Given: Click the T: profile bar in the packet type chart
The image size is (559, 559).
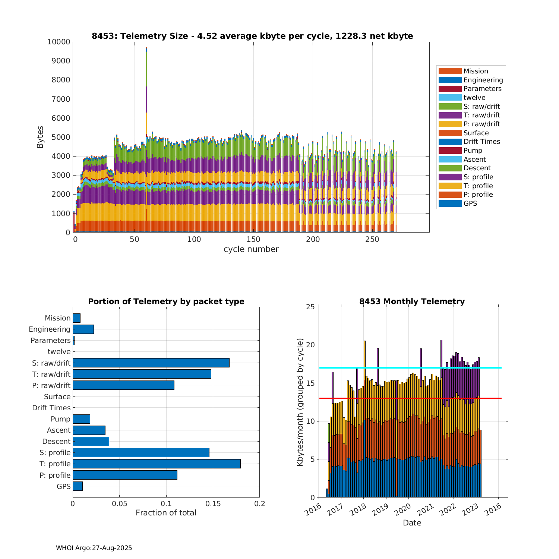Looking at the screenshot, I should tap(157, 464).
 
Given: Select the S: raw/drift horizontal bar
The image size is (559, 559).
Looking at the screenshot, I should tap(151, 363).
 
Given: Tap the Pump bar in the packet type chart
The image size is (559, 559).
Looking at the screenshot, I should tap(81, 419).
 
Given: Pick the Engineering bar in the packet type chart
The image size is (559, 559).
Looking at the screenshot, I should tap(83, 329).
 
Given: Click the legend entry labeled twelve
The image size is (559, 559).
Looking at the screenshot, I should tap(474, 98).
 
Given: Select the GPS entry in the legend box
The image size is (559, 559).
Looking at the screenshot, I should tap(470, 203).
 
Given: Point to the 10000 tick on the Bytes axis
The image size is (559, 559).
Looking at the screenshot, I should tap(59, 42).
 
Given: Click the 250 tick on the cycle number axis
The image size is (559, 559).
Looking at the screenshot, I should tap(372, 239).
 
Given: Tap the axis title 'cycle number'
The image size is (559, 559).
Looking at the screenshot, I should tap(251, 249).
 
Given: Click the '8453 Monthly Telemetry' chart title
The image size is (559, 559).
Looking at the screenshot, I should tap(412, 301).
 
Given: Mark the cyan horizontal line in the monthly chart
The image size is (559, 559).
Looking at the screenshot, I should tap(410, 368).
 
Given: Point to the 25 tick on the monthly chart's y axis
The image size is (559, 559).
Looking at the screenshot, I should tap(311, 307).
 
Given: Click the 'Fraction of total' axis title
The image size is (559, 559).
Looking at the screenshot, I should tap(166, 513).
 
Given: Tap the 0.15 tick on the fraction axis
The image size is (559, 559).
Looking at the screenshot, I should tap(213, 503).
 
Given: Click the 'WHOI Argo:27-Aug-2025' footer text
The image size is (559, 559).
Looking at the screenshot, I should tap(94, 548).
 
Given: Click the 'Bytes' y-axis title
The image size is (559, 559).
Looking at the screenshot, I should tap(40, 137).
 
